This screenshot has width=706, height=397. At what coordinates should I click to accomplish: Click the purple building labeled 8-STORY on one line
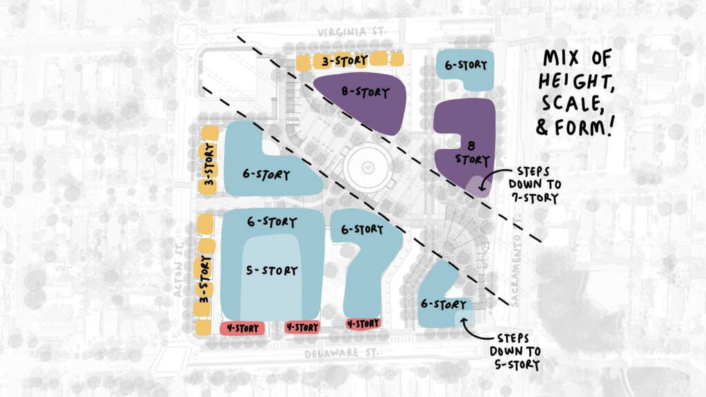[365, 100]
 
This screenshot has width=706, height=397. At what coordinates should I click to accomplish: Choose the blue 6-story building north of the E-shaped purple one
[465, 67]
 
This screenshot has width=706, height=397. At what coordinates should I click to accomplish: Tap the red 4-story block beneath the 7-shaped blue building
[363, 323]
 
